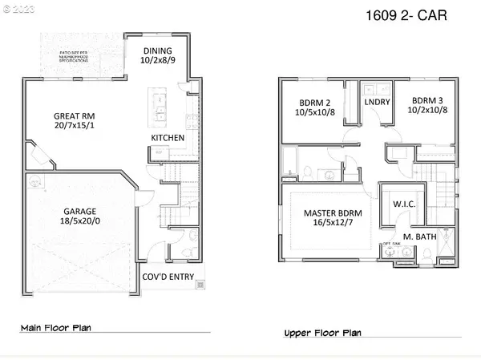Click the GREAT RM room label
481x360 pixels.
click(x=71, y=115)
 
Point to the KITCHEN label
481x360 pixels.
click(x=168, y=139)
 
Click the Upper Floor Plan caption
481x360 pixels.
click(x=322, y=332)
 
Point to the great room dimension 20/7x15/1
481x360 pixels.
click(x=71, y=127)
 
